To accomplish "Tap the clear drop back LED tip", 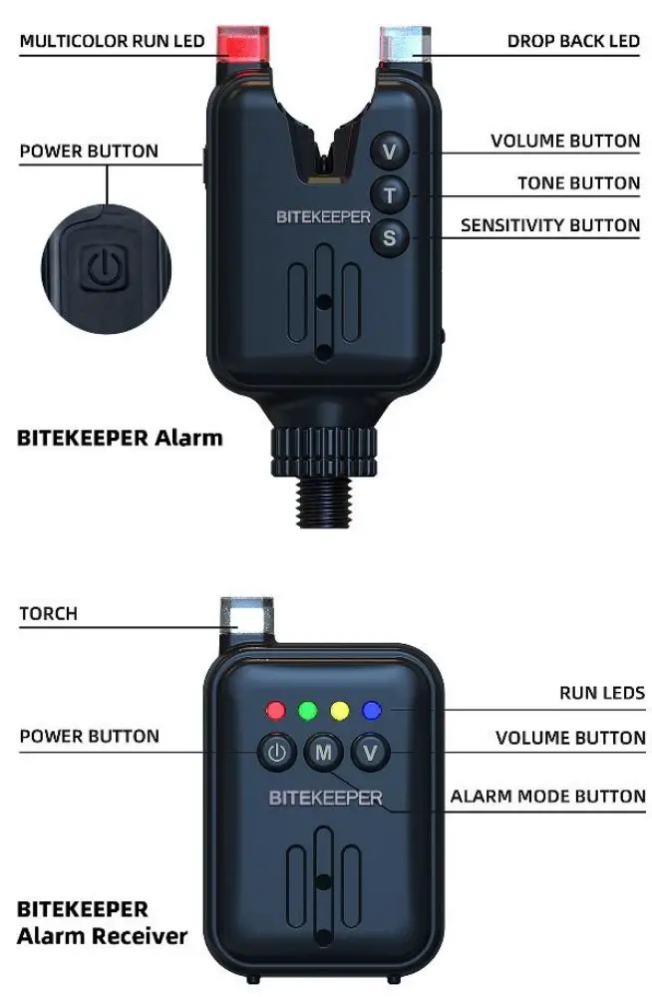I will click(405, 45).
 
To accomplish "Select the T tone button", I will click(389, 194).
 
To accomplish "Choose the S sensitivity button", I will click(389, 237).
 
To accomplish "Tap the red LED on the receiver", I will click(275, 712).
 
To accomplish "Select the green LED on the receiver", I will click(306, 712).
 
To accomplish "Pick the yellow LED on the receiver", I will click(339, 712).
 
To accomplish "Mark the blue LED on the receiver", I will click(372, 712).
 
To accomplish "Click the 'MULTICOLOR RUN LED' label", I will click(112, 41).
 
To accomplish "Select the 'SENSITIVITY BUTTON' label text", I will click(549, 225).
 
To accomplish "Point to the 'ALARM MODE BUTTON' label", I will click(547, 797).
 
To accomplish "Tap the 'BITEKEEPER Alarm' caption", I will click(120, 437).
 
